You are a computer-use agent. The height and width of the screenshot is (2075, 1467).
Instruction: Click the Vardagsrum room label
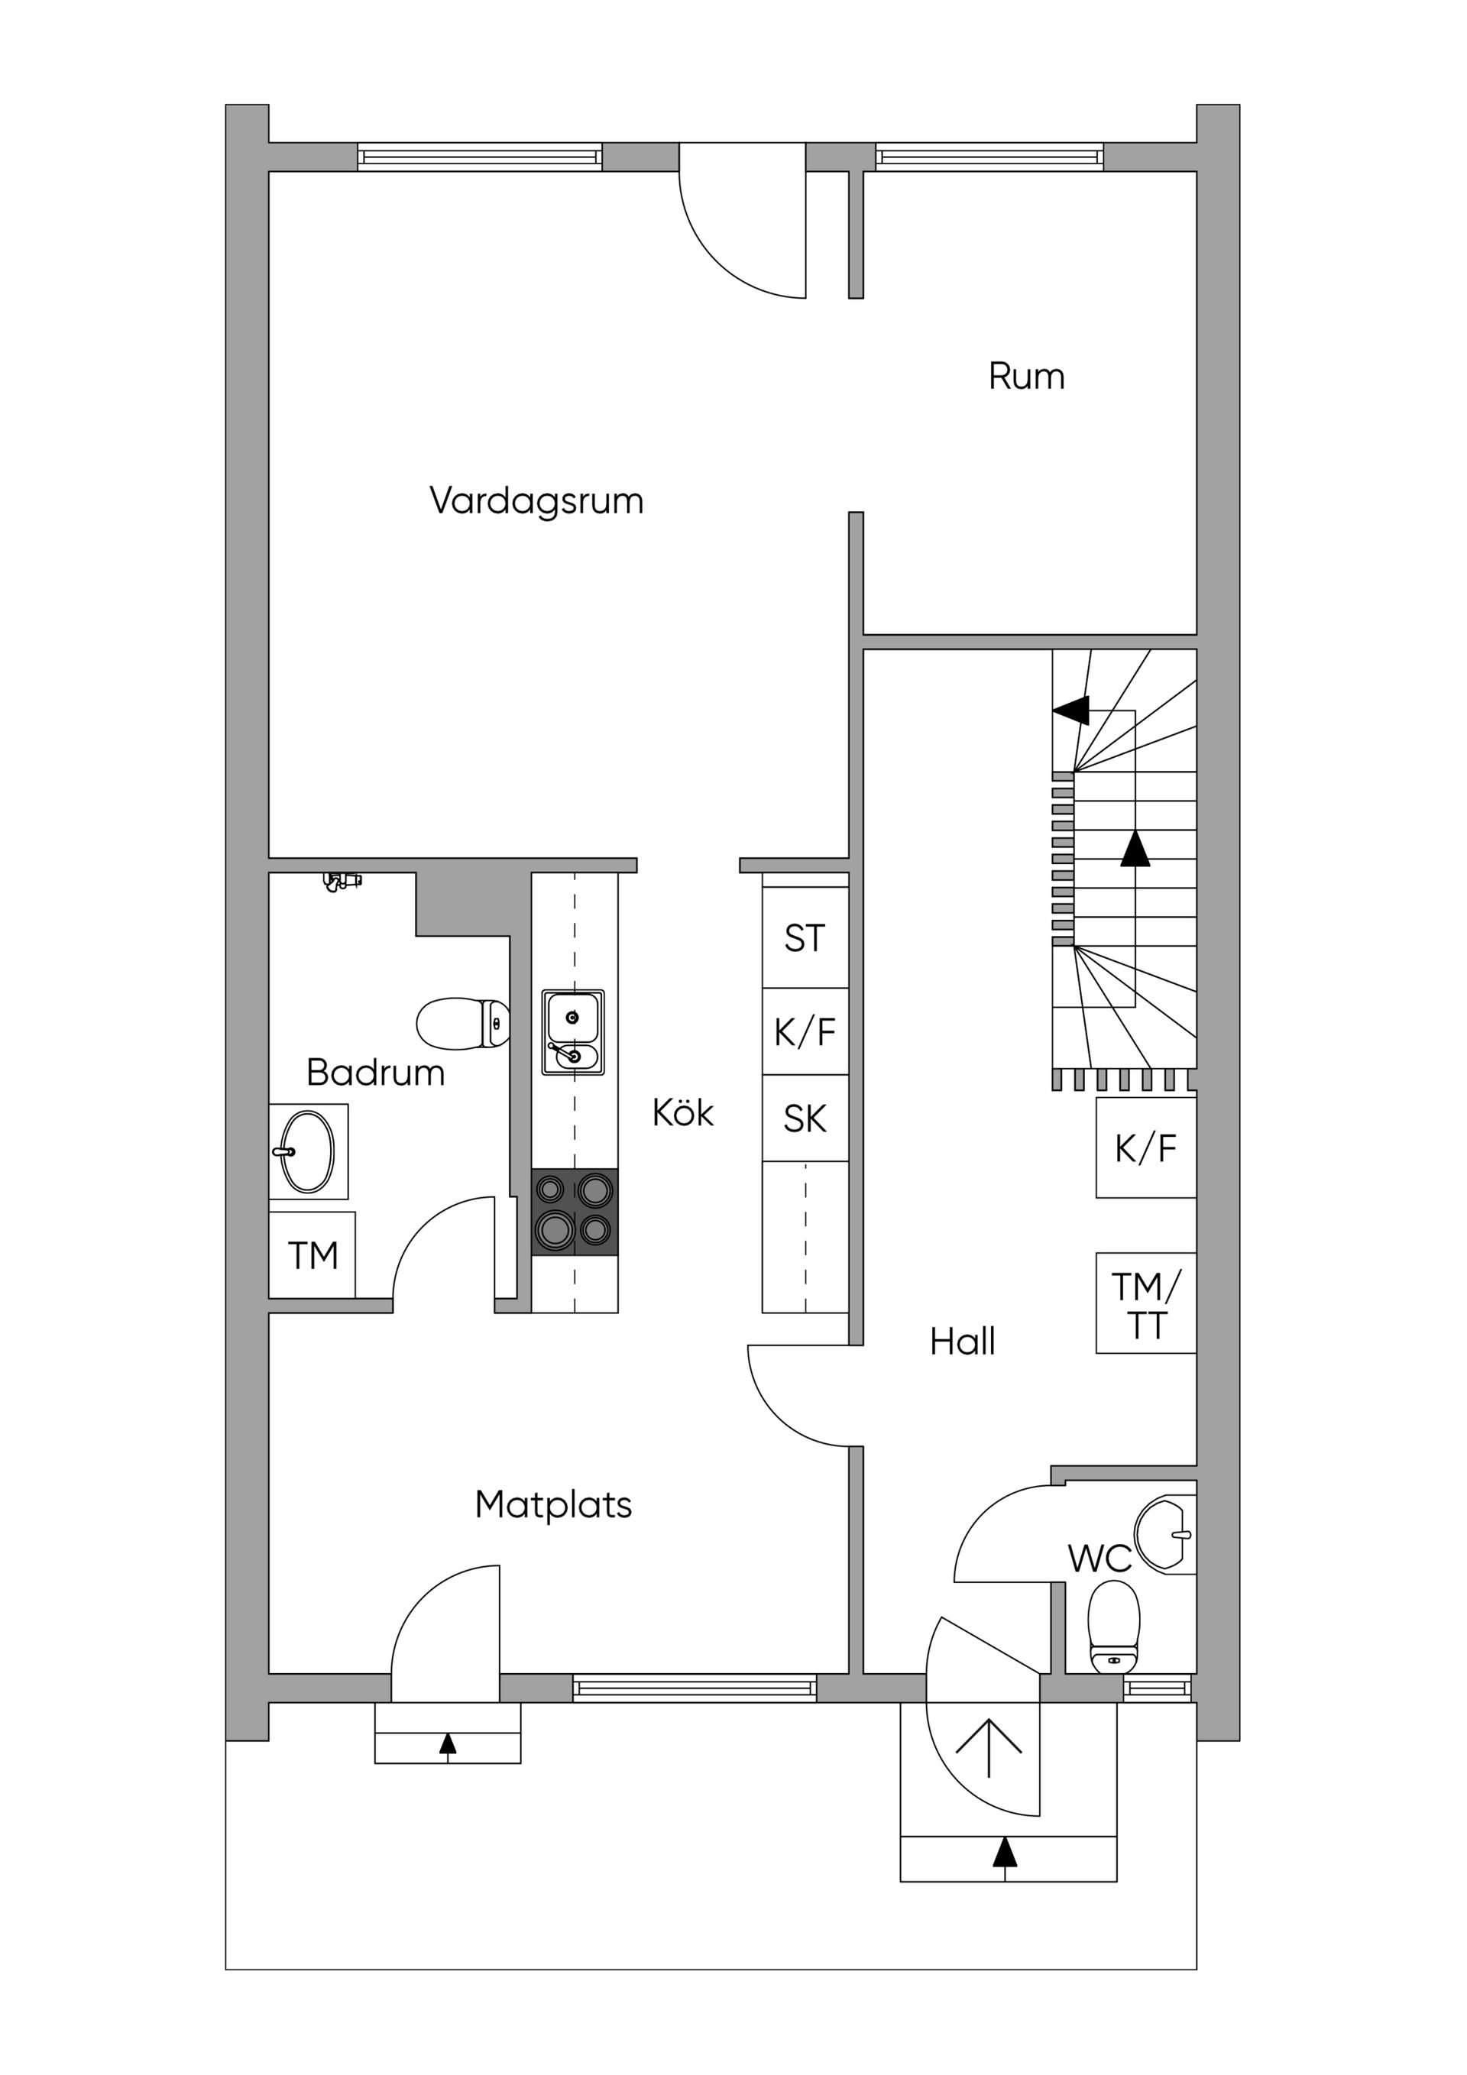coord(536,500)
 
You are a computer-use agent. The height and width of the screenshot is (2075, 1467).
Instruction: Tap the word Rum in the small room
coord(1026,376)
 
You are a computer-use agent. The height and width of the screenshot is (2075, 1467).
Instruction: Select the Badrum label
coord(375,1073)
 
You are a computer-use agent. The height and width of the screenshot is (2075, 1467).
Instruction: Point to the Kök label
coord(682,1113)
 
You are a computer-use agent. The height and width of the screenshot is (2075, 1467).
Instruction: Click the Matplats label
coord(553,1505)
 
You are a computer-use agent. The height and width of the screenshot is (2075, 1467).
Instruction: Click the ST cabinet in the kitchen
coord(805,938)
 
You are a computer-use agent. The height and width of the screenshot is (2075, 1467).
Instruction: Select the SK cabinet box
coord(805,1118)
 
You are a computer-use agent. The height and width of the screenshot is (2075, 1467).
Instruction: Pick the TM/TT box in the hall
coord(1145,1304)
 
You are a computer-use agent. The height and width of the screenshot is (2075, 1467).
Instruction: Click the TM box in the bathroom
coord(313,1255)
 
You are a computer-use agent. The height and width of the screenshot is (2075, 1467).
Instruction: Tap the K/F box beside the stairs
coord(1145,1149)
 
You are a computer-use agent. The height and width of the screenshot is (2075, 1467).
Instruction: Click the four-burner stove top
coord(574,1212)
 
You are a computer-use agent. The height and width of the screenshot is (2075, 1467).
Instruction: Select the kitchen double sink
coord(573,1032)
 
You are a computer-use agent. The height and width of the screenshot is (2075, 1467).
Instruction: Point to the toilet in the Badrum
coord(463,1023)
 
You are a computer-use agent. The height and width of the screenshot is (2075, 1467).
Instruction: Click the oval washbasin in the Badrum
coord(307,1151)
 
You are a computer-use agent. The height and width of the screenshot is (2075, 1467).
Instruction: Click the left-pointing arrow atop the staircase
coord(1072,711)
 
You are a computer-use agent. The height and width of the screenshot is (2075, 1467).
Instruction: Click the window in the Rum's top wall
coord(989,157)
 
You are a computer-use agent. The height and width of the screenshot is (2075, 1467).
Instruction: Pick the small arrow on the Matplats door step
coord(448,1744)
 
